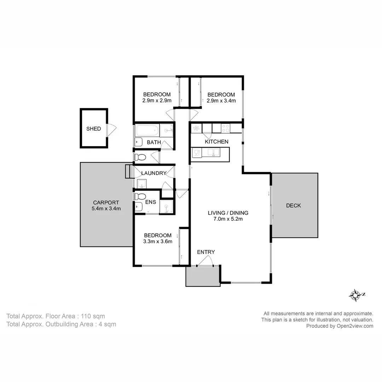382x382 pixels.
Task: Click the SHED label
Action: point(93,129)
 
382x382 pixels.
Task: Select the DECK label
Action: point(293,206)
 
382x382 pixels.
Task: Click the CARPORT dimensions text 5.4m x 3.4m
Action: point(106,208)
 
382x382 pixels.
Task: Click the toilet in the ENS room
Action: point(140,197)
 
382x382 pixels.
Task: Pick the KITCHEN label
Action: point(216,141)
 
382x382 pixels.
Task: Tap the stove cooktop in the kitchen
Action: point(225,128)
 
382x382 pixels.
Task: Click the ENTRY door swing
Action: point(206,261)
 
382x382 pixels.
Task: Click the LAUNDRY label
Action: point(154,173)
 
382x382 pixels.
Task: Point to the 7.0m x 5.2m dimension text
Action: point(228,219)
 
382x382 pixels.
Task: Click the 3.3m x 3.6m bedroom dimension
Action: point(157,242)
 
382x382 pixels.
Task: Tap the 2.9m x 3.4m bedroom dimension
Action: point(221,100)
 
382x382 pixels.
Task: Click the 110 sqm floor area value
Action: point(93,316)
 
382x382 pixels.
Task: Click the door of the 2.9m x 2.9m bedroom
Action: point(170,114)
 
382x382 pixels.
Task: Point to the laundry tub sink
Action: point(142,184)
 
